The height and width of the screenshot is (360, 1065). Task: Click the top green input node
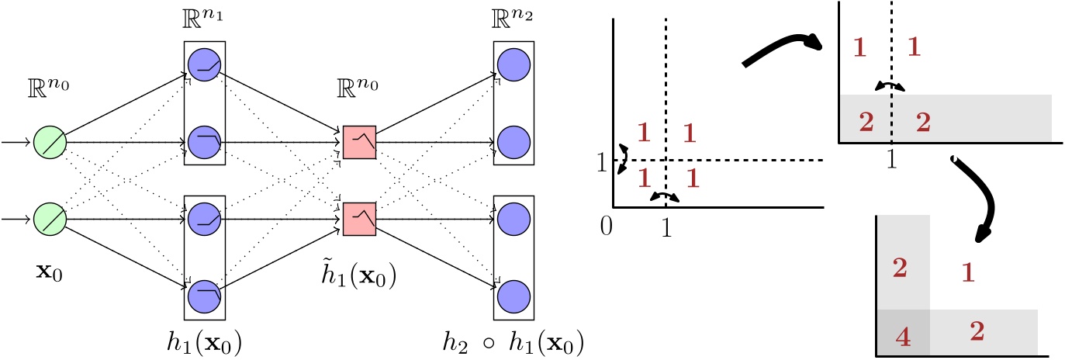(50, 144)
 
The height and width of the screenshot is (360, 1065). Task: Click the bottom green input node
(50, 219)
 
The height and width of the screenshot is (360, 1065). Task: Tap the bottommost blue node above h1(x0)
(204, 295)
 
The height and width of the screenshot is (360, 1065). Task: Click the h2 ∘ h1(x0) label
(513, 341)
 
